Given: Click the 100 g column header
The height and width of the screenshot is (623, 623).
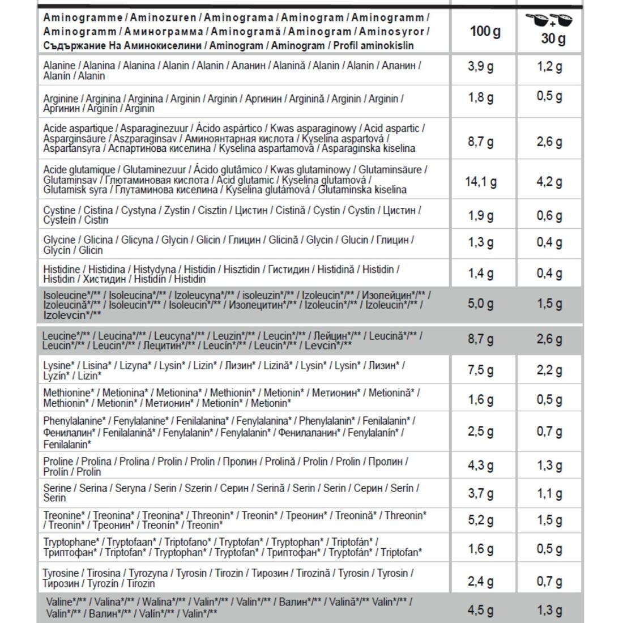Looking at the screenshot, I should [485, 31].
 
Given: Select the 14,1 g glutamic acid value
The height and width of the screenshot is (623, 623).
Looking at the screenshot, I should [481, 182].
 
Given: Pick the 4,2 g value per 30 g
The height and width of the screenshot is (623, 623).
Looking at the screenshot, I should [549, 182].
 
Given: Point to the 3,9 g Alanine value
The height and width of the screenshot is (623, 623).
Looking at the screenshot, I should [481, 67].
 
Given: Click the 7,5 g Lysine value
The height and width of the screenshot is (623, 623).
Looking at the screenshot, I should [481, 370].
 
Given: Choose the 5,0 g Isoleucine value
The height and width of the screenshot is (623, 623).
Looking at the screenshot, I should [481, 304].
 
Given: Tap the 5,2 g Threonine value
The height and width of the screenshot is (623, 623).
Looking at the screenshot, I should [481, 520].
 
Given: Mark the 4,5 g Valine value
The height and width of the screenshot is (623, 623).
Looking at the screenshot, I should [481, 610].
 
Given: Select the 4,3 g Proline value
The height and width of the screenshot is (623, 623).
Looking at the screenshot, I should [481, 466].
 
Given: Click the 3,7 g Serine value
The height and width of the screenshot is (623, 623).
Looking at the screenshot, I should [481, 493].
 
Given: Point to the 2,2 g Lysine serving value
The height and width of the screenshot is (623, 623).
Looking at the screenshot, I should [549, 370].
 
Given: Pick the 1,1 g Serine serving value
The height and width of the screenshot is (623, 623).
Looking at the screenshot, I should [549, 493].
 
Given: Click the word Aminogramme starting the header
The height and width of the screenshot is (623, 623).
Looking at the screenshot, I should [75, 18].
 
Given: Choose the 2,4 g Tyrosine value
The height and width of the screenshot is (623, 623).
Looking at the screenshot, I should [481, 581].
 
